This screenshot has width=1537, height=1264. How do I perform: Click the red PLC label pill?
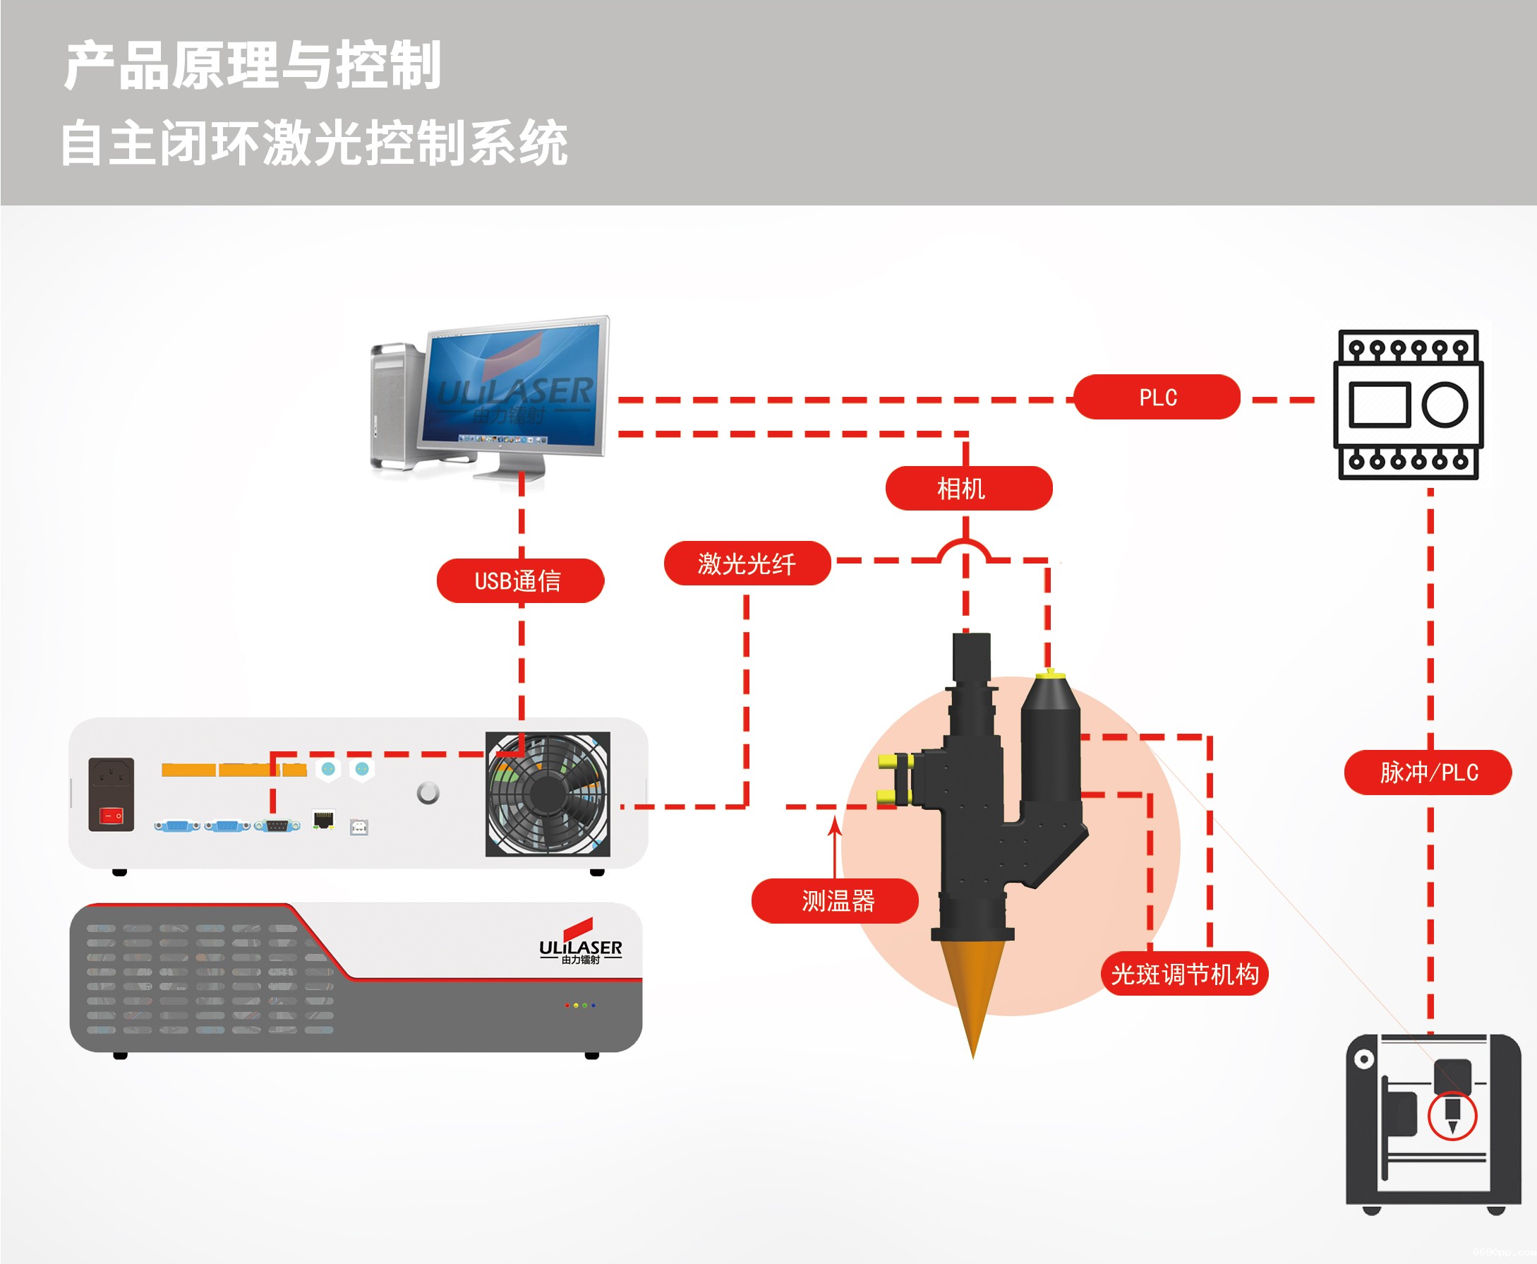pos(1157,397)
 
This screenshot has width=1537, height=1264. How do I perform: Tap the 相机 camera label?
pos(968,488)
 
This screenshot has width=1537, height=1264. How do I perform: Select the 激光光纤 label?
pos(747,563)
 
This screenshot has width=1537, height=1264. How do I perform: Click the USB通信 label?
pos(519,580)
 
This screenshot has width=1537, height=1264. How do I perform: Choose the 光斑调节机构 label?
pos(1184,974)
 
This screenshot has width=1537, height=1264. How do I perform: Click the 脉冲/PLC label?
pos(1427,772)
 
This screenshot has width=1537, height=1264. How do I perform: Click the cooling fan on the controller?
pos(548,794)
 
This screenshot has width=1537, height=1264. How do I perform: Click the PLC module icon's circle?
pos(1444,405)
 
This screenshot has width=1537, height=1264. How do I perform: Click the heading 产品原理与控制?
pos(253,66)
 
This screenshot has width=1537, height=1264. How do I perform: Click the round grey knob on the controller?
pos(428,792)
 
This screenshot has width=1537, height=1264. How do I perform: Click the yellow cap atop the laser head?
pos(1050,674)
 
